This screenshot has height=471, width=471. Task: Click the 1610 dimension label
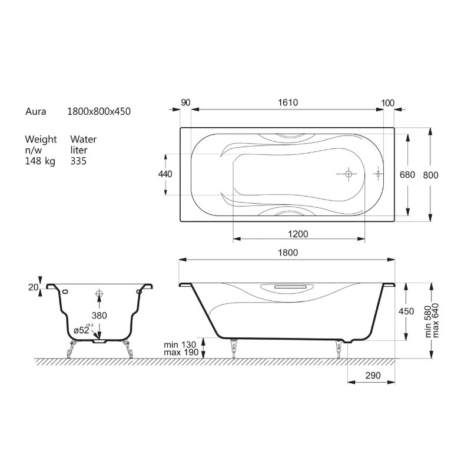pyautogui.click(x=288, y=102)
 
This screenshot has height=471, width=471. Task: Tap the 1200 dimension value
pyautogui.click(x=298, y=234)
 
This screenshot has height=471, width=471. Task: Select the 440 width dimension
pyautogui.click(x=165, y=174)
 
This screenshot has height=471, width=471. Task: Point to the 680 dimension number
pyautogui.click(x=407, y=174)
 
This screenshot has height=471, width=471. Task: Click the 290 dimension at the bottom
pyautogui.click(x=373, y=376)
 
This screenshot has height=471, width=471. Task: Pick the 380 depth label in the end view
pyautogui.click(x=99, y=316)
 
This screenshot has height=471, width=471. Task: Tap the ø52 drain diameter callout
pyautogui.click(x=82, y=330)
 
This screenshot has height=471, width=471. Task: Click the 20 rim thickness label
pyautogui.click(x=34, y=287)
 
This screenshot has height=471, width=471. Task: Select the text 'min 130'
pyautogui.click(x=180, y=344)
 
